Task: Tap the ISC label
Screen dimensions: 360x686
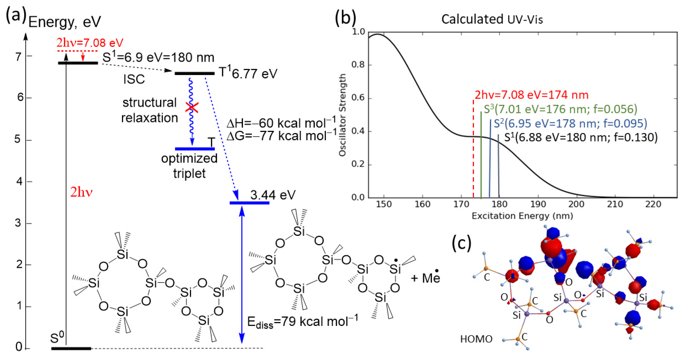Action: point(134,79)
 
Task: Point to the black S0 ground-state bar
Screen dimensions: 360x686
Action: point(71,348)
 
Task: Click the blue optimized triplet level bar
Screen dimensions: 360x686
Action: point(195,149)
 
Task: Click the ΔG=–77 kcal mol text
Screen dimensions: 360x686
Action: point(281,136)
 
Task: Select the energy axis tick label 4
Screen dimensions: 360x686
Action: point(19,182)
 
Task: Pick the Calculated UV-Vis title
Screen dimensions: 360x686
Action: point(492,19)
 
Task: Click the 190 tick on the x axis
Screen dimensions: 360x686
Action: point(538,204)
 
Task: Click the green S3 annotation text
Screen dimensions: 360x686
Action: point(560,109)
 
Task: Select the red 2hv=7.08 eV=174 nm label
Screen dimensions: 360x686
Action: point(531,95)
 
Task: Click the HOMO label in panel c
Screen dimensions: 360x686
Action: point(476,339)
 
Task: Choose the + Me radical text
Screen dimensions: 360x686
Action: point(426,278)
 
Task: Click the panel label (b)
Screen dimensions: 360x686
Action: point(345,18)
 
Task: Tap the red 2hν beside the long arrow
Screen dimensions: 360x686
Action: point(81,192)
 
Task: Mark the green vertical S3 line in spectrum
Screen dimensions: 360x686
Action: point(481,154)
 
